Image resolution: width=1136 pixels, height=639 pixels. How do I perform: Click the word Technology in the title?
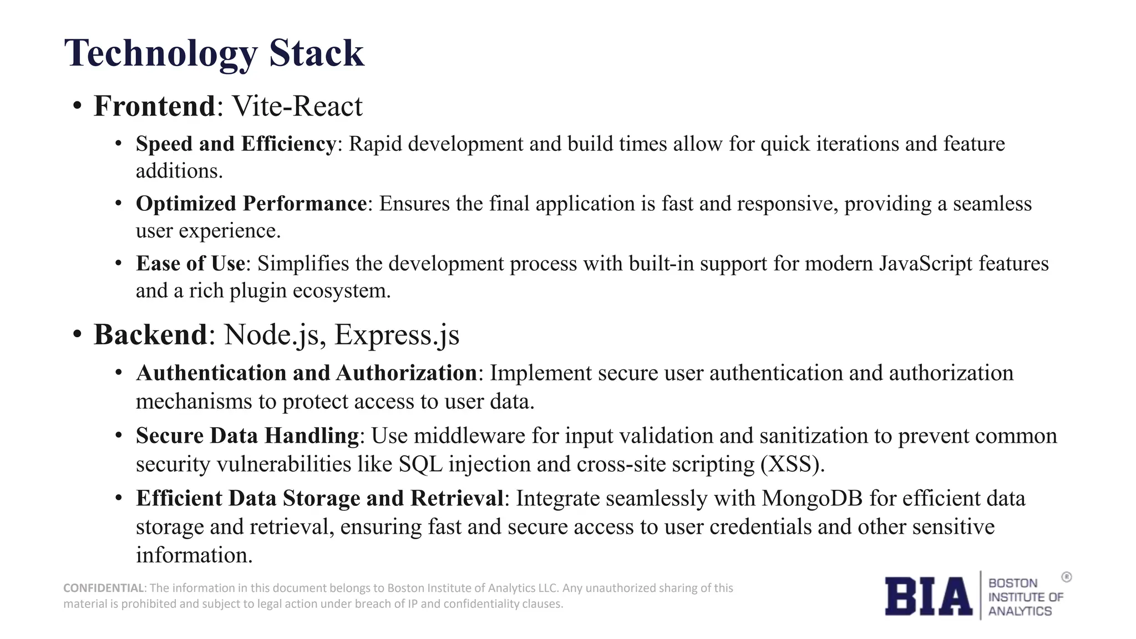click(x=161, y=54)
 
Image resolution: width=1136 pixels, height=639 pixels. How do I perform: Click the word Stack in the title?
click(x=316, y=54)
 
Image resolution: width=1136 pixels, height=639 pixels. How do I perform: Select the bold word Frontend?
click(x=154, y=106)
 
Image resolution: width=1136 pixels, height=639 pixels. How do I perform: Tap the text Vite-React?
click(x=297, y=106)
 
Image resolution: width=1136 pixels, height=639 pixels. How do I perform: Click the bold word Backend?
click(x=150, y=334)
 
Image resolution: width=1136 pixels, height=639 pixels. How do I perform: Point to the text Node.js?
click(x=271, y=334)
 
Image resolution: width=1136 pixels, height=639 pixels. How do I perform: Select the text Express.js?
click(x=397, y=334)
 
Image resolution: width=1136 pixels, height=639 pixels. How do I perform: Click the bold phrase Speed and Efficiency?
click(x=236, y=144)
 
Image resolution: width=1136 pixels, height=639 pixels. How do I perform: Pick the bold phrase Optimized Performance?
click(x=251, y=204)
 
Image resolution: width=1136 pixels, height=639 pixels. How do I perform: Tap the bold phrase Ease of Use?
click(x=190, y=263)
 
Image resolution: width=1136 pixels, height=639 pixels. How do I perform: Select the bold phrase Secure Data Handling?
click(x=247, y=435)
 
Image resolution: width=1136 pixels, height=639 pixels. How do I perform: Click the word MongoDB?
click(x=812, y=498)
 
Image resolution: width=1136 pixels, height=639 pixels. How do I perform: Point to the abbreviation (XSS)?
click(x=792, y=464)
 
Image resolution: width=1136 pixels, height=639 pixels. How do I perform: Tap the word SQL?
click(x=420, y=464)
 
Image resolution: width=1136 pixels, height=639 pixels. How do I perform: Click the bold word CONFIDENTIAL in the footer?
click(x=103, y=588)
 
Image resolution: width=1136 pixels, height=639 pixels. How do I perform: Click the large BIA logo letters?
click(x=928, y=596)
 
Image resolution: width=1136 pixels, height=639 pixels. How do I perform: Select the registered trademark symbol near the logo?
click(x=1067, y=577)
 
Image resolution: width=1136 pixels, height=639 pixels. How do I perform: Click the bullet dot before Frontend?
click(x=78, y=106)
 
